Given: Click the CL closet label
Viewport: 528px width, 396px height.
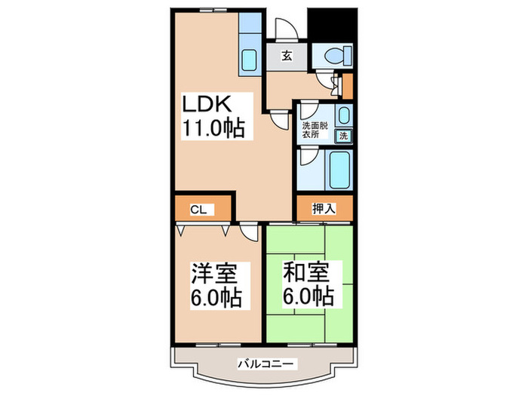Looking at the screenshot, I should (198, 210).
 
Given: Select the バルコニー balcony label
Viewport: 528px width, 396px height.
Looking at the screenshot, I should (263, 364).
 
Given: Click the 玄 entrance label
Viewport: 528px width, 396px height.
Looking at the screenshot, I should (287, 55).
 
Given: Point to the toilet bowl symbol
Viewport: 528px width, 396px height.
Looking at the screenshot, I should (336, 55).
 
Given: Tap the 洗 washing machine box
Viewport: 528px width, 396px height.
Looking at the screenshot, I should (342, 137).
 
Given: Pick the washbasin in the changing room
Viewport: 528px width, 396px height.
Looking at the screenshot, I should (342, 115).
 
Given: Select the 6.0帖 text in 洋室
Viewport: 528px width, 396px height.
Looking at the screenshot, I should (214, 299).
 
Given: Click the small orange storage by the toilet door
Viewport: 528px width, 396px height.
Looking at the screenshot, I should (347, 87).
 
